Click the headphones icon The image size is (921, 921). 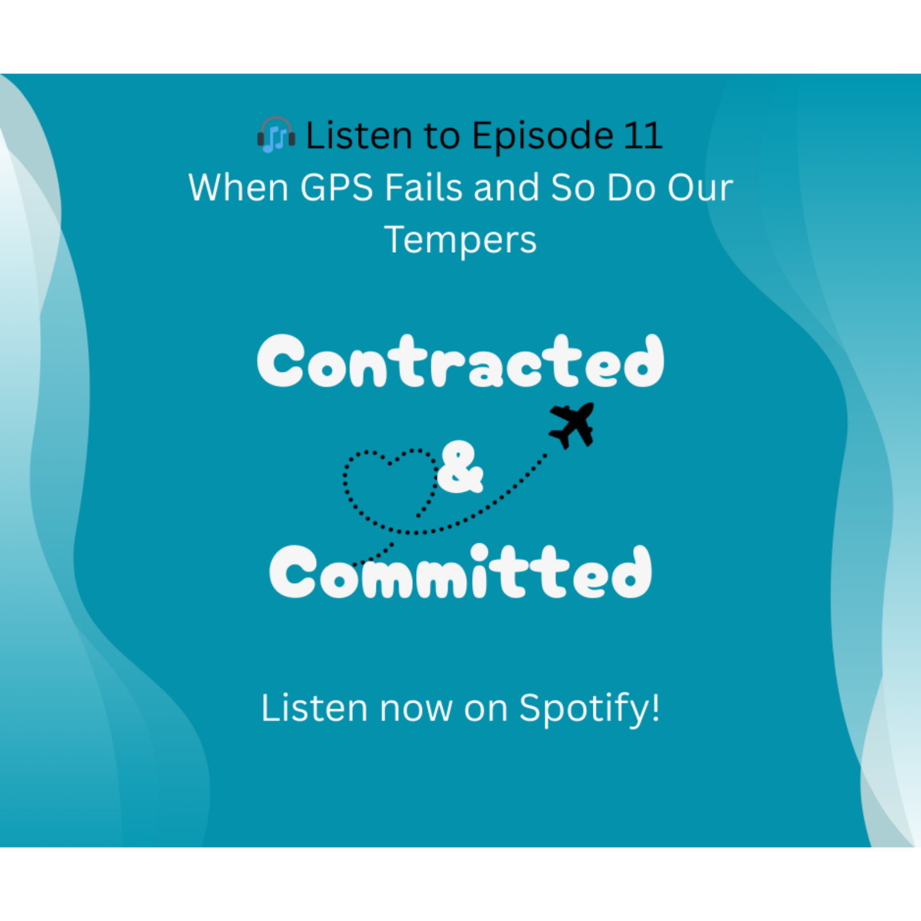tap(276, 135)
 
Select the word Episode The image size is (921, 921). tap(543, 136)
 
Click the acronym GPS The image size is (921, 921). tap(337, 188)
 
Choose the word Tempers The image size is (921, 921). tap(461, 241)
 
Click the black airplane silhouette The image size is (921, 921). tap(572, 425)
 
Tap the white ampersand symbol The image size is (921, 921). tap(459, 467)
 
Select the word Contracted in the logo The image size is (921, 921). tap(461, 361)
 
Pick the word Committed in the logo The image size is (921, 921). tap(461, 572)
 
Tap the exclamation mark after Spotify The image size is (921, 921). tap(655, 706)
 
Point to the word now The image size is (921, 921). tap(416, 709)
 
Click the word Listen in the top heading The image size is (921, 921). tap(359, 136)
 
